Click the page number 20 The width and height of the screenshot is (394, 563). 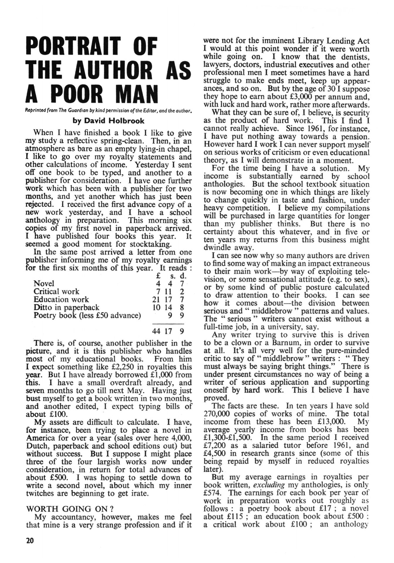click(30, 540)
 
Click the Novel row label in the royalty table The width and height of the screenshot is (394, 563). click(44, 284)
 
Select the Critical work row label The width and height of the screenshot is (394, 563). click(56, 291)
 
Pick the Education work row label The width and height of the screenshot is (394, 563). click(61, 299)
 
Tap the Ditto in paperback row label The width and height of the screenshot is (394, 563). click(66, 308)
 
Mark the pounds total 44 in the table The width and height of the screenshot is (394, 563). click(157, 331)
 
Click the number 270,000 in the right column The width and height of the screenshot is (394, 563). click(218, 414)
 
